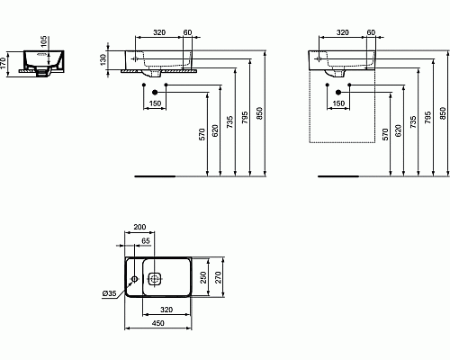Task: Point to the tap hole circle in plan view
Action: (135, 279)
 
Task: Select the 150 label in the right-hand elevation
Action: (338, 103)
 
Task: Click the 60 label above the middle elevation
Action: (187, 33)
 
